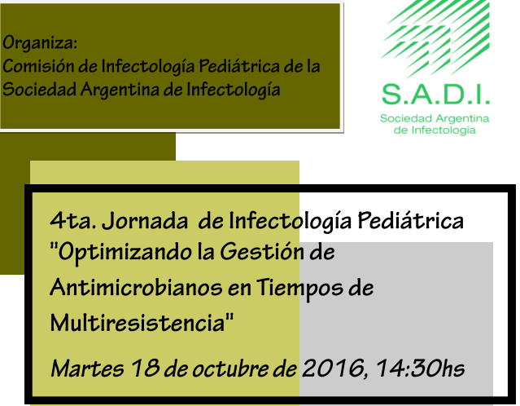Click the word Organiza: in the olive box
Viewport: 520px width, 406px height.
[x=40, y=42]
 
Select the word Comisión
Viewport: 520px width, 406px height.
[x=36, y=66]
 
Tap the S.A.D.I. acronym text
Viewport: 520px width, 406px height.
[x=435, y=95]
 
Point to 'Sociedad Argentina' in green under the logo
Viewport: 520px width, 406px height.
[x=435, y=119]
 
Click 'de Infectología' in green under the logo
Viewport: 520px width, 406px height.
[x=435, y=130]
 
